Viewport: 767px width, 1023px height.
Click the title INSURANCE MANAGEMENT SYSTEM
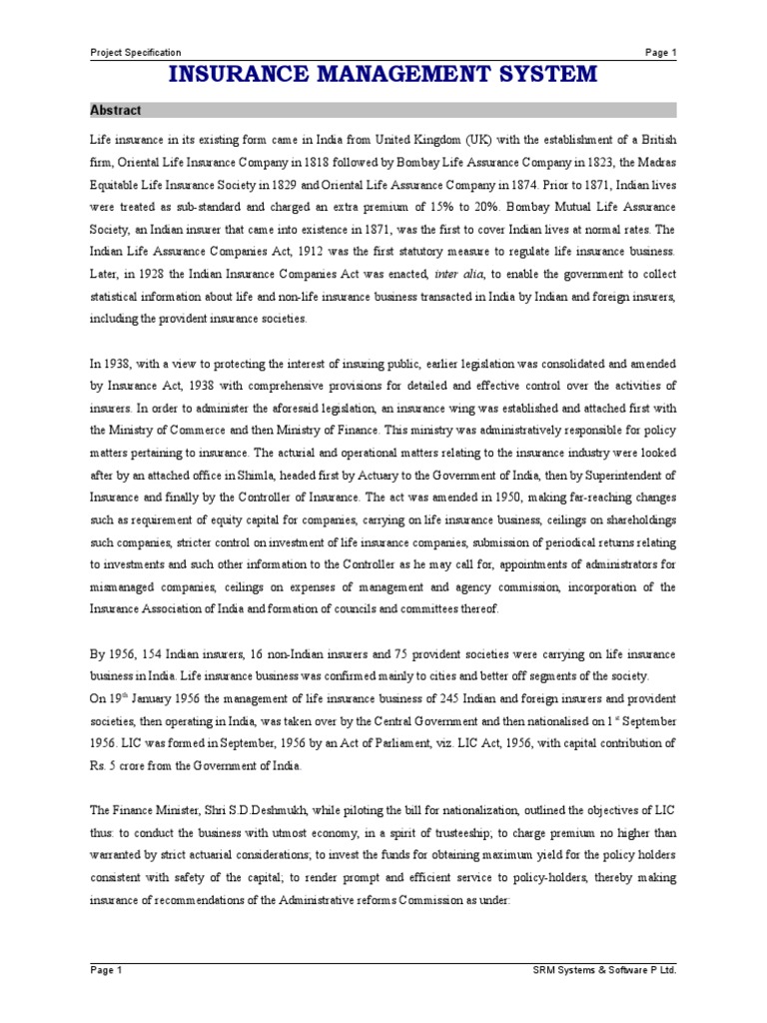pyautogui.click(x=383, y=74)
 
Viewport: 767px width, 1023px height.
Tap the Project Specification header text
pyautogui.click(x=136, y=52)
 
